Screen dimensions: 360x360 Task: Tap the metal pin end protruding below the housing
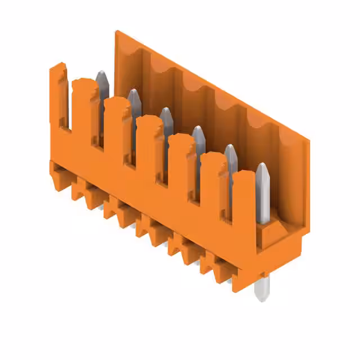point(262,289)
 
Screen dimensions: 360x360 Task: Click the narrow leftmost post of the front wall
point(58,96)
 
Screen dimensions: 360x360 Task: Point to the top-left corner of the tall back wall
point(116,32)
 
